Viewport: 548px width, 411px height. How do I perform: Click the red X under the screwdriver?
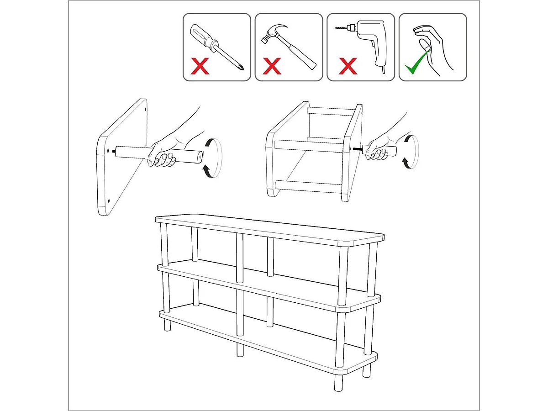click(200, 67)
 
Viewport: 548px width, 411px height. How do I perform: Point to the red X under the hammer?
click(272, 67)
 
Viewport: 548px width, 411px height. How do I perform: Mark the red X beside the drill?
click(348, 67)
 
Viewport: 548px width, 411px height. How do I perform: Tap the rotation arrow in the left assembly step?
click(207, 170)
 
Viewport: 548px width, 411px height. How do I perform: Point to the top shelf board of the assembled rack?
click(269, 229)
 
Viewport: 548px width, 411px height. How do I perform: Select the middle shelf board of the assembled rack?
click(269, 284)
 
